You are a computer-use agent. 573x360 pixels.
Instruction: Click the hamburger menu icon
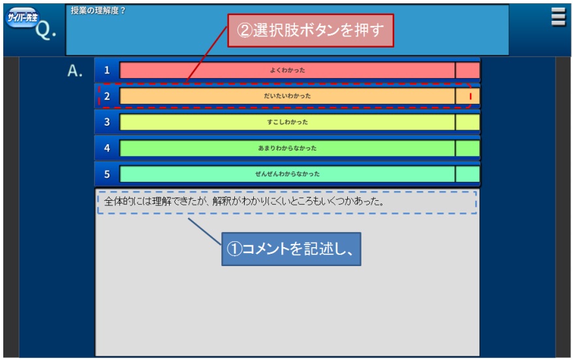[x=558, y=17]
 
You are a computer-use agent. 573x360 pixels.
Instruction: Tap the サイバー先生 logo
[x=22, y=17]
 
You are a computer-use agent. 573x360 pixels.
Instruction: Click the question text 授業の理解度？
[x=98, y=10]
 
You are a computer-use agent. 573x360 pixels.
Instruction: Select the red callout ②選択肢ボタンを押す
[x=310, y=31]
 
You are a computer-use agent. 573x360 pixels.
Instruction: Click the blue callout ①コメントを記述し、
[x=291, y=249]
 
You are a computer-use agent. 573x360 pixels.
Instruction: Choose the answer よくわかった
[x=287, y=70]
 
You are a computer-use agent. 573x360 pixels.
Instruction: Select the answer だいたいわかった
[x=287, y=96]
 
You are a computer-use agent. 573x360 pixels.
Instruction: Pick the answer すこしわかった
[x=287, y=122]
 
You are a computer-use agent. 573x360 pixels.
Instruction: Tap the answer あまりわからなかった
[x=287, y=148]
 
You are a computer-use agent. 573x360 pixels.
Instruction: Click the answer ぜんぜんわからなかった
[x=287, y=174]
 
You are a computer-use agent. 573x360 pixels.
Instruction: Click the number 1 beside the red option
[x=107, y=70]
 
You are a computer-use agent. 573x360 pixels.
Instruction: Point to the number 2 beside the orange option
[x=107, y=96]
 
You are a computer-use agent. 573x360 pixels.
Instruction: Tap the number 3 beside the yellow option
[x=107, y=122]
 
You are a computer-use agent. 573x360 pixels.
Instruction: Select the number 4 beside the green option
[x=107, y=148]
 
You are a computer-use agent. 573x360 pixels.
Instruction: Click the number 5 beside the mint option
[x=107, y=174]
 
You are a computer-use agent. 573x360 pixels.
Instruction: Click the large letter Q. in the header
[x=46, y=29]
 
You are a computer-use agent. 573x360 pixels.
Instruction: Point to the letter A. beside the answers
[x=75, y=70]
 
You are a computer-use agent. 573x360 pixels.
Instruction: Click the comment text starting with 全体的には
[x=243, y=201]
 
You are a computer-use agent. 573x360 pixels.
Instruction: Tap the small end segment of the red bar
[x=467, y=70]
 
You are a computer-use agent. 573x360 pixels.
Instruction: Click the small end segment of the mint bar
[x=467, y=174]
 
